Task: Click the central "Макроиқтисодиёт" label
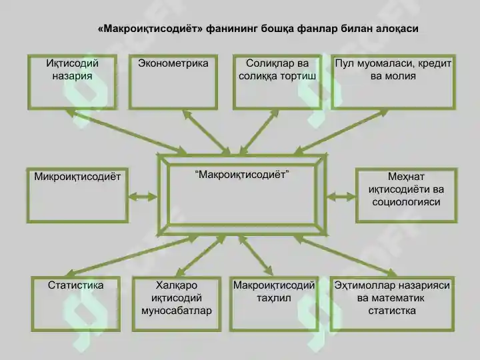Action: click(242, 175)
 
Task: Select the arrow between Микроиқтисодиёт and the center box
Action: click(143, 197)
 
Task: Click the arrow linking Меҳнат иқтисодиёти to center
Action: click(341, 196)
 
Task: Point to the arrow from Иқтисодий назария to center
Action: click(127, 131)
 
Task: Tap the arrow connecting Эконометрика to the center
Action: click(207, 133)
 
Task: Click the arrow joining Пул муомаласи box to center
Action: click(341, 132)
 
